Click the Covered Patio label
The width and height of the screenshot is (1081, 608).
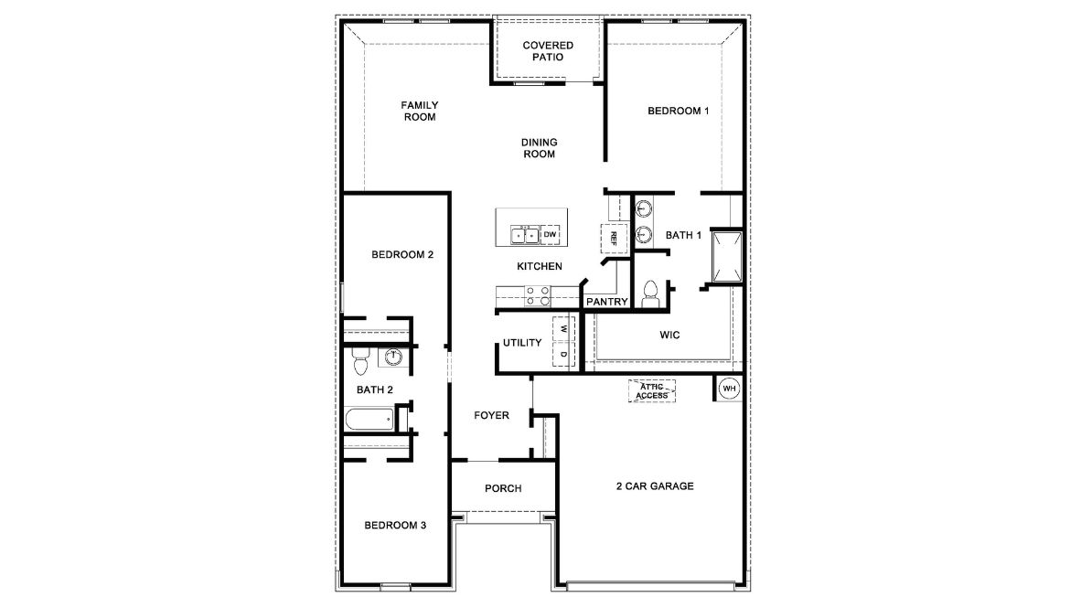(548, 51)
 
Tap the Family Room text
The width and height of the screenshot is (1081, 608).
(420, 111)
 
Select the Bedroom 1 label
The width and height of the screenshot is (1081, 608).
(679, 111)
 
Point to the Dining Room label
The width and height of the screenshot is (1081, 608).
(540, 148)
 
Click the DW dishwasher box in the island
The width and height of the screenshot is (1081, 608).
(550, 235)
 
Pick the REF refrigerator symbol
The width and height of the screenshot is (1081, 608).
(614, 238)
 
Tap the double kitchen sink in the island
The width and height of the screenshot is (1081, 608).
(525, 235)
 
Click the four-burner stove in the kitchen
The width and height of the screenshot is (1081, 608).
(538, 295)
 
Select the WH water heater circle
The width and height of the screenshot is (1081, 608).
(729, 389)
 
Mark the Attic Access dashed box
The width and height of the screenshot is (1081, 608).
(653, 391)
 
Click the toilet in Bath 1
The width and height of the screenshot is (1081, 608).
(651, 292)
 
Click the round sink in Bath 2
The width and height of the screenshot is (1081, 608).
(394, 357)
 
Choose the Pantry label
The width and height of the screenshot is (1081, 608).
(607, 301)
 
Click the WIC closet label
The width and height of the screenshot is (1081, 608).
(669, 335)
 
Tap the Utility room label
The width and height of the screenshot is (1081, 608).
(522, 343)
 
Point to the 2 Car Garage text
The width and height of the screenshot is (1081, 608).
(654, 485)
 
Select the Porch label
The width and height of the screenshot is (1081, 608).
(503, 488)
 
